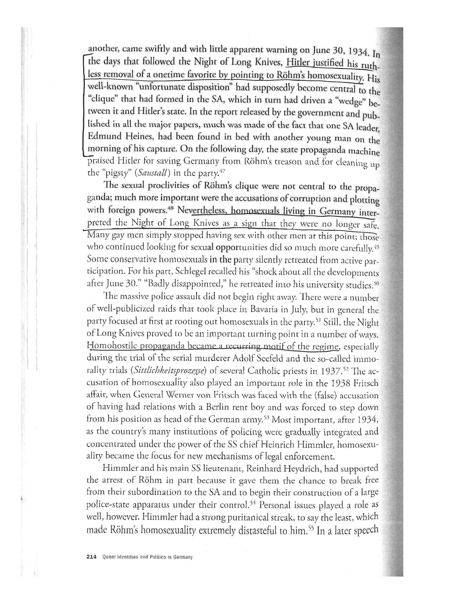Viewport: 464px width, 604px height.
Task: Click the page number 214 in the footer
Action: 91,557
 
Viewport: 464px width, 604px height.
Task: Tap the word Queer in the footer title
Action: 108,557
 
